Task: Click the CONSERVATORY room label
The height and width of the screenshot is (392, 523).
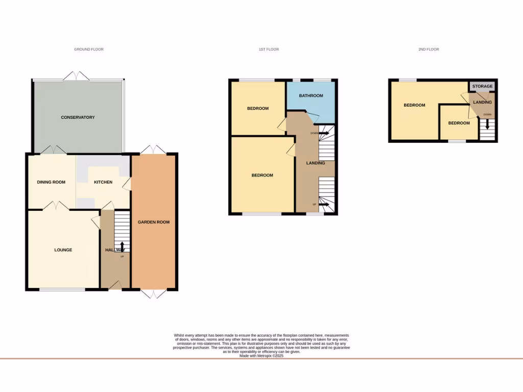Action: [x=78, y=117]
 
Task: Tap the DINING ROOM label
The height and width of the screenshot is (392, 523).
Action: [x=51, y=182]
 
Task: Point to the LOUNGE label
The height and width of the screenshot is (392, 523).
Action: [x=63, y=250]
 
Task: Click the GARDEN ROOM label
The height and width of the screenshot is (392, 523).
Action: [x=153, y=222]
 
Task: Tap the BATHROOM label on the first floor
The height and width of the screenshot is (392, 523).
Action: [x=311, y=95]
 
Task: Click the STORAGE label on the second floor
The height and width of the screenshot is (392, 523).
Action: [x=482, y=86]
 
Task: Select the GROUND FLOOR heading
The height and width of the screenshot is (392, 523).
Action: [x=89, y=50]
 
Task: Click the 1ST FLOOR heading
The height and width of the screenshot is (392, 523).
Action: [x=269, y=50]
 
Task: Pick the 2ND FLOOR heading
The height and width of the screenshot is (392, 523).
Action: [x=429, y=50]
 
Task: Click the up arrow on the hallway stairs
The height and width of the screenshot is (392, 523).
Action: [x=122, y=247]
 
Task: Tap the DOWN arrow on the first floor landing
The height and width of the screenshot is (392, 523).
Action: [x=323, y=133]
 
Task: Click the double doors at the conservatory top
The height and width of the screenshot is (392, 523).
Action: [x=77, y=76]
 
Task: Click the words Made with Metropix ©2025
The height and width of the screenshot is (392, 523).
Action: [x=261, y=356]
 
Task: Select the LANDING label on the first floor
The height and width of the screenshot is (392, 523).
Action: [x=315, y=163]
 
